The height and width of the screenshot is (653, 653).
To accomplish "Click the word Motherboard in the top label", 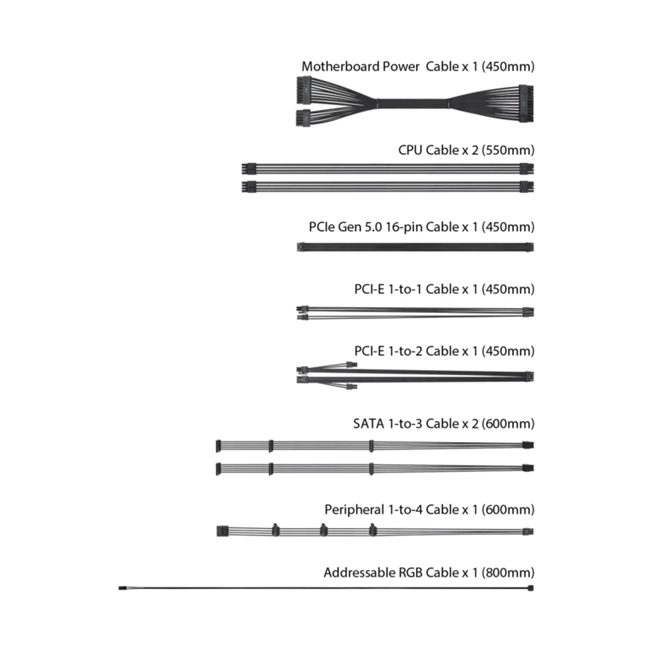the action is click(341, 66).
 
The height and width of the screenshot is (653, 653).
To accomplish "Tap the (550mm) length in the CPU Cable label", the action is click(507, 150).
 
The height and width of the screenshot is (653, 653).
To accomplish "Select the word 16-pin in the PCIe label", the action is click(403, 227).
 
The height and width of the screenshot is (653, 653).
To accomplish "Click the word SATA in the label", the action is click(368, 424).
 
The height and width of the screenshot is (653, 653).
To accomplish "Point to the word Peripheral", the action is click(354, 510).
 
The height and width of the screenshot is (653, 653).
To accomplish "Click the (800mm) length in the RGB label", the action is click(507, 573).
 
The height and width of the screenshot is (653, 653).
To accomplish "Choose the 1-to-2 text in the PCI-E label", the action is click(405, 351).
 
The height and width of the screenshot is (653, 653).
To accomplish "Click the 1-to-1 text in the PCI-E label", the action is click(405, 289).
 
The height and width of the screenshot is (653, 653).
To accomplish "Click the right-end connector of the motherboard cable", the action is click(526, 104).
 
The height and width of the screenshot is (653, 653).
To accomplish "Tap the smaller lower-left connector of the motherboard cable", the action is click(303, 118).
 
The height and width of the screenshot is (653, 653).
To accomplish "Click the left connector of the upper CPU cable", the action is click(249, 168).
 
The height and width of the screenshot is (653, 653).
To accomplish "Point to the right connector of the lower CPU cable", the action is click(527, 187).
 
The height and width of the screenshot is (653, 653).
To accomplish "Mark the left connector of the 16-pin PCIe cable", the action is click(300, 247).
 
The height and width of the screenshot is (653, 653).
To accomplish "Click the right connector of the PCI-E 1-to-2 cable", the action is click(529, 376).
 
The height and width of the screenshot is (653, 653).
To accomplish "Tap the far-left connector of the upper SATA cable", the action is click(218, 446).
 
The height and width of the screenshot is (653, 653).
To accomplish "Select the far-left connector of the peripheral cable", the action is click(222, 531).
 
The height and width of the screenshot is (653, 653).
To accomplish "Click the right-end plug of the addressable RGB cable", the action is click(531, 588).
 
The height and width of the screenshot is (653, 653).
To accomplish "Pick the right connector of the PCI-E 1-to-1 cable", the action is click(528, 312).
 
